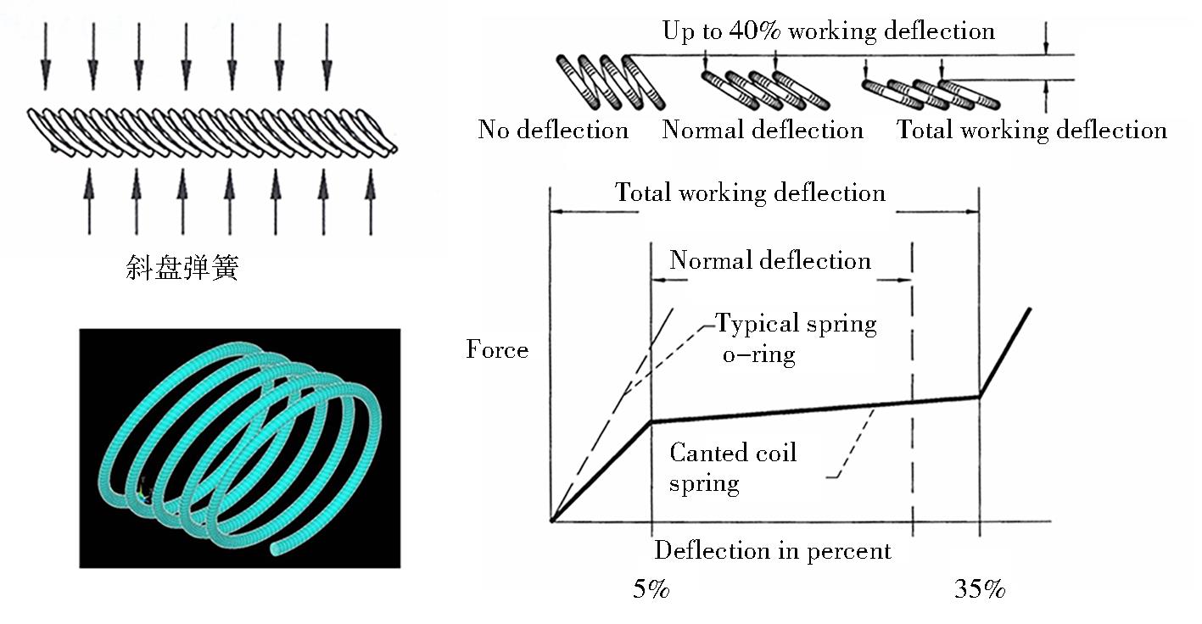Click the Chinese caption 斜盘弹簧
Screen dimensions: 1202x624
[182, 267]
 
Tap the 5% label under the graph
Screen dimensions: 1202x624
[651, 589]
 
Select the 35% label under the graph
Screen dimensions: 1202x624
[979, 589]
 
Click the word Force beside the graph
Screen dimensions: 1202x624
[497, 349]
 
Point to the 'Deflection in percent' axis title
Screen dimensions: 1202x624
[773, 551]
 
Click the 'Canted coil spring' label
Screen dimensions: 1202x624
[732, 467]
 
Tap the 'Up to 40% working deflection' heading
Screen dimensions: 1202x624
[829, 31]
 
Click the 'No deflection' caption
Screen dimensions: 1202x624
[553, 130]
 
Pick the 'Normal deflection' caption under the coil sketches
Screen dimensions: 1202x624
[763, 130]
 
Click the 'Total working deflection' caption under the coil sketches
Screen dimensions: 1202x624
[1031, 131]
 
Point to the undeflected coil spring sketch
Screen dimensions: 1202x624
[611, 82]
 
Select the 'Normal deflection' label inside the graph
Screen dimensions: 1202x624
[770, 260]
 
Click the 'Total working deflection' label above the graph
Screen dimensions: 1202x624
[750, 192]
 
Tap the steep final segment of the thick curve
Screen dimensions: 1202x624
[1004, 353]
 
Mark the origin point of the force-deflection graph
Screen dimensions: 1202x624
[551, 520]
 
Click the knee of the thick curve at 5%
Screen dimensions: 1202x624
[651, 422]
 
